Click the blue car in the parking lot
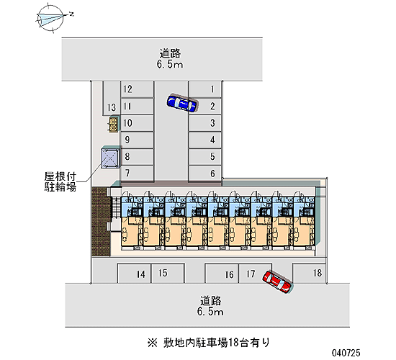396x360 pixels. click(x=182, y=103)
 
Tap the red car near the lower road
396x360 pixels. click(x=277, y=282)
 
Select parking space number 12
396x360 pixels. click(x=137, y=89)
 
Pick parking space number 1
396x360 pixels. click(x=204, y=89)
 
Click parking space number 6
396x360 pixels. click(x=204, y=174)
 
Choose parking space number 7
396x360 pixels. click(x=137, y=174)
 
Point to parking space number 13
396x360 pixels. click(x=112, y=98)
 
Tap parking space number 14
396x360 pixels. click(x=134, y=274)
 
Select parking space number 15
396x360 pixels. click(x=168, y=274)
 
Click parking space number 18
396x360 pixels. click(x=309, y=273)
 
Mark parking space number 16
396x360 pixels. click(x=222, y=274)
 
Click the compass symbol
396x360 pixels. click(x=50, y=18)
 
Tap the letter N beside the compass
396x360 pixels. click(x=72, y=14)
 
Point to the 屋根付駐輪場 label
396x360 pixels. click(x=60, y=181)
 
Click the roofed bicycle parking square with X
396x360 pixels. click(x=110, y=158)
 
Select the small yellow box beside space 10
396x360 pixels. click(x=114, y=125)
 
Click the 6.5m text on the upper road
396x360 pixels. click(x=170, y=64)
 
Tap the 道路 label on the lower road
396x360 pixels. click(x=211, y=301)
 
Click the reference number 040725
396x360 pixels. click(x=346, y=352)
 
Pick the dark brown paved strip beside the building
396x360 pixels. click(x=101, y=222)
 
